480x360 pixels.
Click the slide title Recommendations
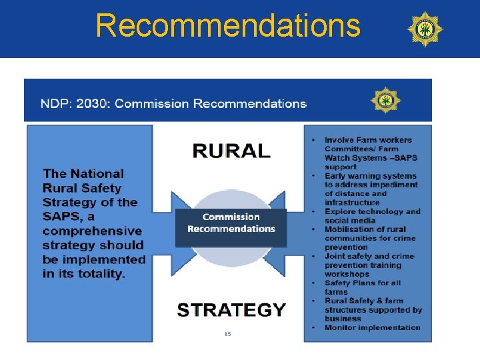[228, 25]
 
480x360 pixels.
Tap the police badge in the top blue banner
[425, 29]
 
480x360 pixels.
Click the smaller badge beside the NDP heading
[385, 101]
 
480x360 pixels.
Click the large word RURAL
[231, 151]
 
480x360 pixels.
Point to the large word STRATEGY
[231, 310]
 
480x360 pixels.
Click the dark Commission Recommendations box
[231, 223]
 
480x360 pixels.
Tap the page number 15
[227, 333]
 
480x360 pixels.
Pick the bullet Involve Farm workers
[368, 140]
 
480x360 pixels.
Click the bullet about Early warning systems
[371, 176]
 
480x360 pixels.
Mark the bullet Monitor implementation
[372, 327]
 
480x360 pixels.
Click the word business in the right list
[343, 319]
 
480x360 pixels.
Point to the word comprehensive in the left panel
[92, 231]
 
